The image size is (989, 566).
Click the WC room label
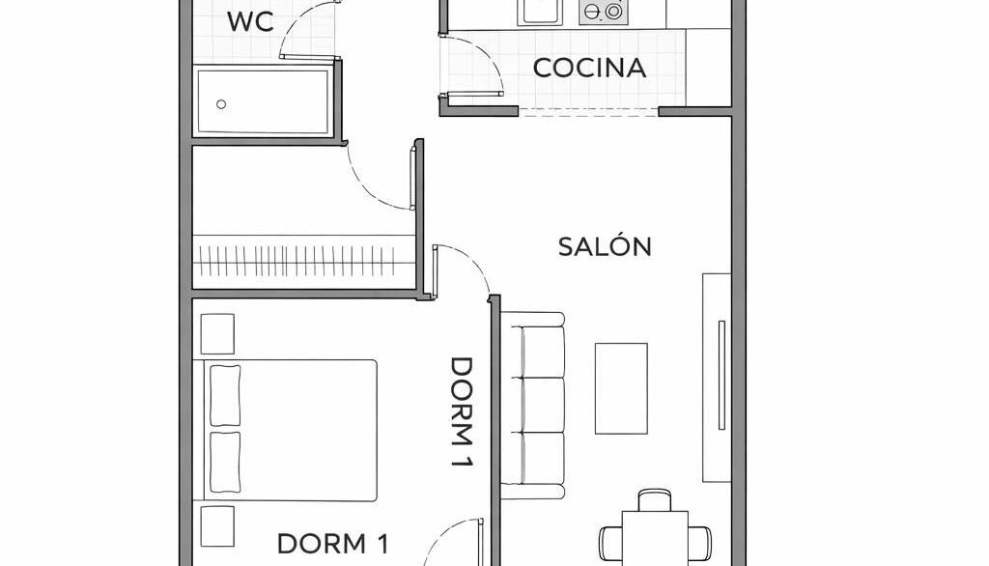click(250, 21)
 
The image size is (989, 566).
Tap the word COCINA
click(590, 69)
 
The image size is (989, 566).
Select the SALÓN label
click(605, 245)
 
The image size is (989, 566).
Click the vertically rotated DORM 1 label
click(462, 412)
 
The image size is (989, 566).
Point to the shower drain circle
click(221, 104)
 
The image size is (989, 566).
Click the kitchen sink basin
click(540, 12)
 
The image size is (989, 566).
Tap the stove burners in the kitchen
click(603, 12)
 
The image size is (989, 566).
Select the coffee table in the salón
click(621, 388)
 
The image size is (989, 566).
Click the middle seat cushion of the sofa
click(543, 405)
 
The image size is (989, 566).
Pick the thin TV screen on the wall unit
click(721, 376)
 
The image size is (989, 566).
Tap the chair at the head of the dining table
click(655, 499)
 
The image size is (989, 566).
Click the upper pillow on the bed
click(224, 396)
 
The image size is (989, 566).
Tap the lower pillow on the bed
click(224, 462)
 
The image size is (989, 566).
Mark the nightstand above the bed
click(217, 334)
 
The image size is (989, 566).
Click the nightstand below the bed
click(217, 526)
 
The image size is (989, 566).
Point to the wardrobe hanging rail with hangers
click(302, 261)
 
